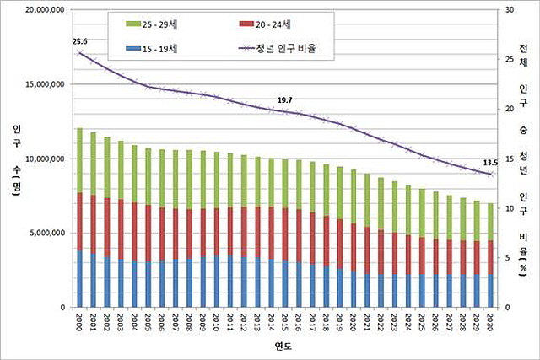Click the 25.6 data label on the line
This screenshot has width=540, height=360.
coord(80,41)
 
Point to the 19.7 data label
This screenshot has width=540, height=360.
coord(284,100)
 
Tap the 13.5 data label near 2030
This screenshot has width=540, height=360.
coord(490,163)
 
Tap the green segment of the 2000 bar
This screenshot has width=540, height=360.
coord(79,160)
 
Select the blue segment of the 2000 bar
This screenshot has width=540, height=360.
coord(79,278)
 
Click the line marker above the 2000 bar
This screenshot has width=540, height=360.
coord(79,53)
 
